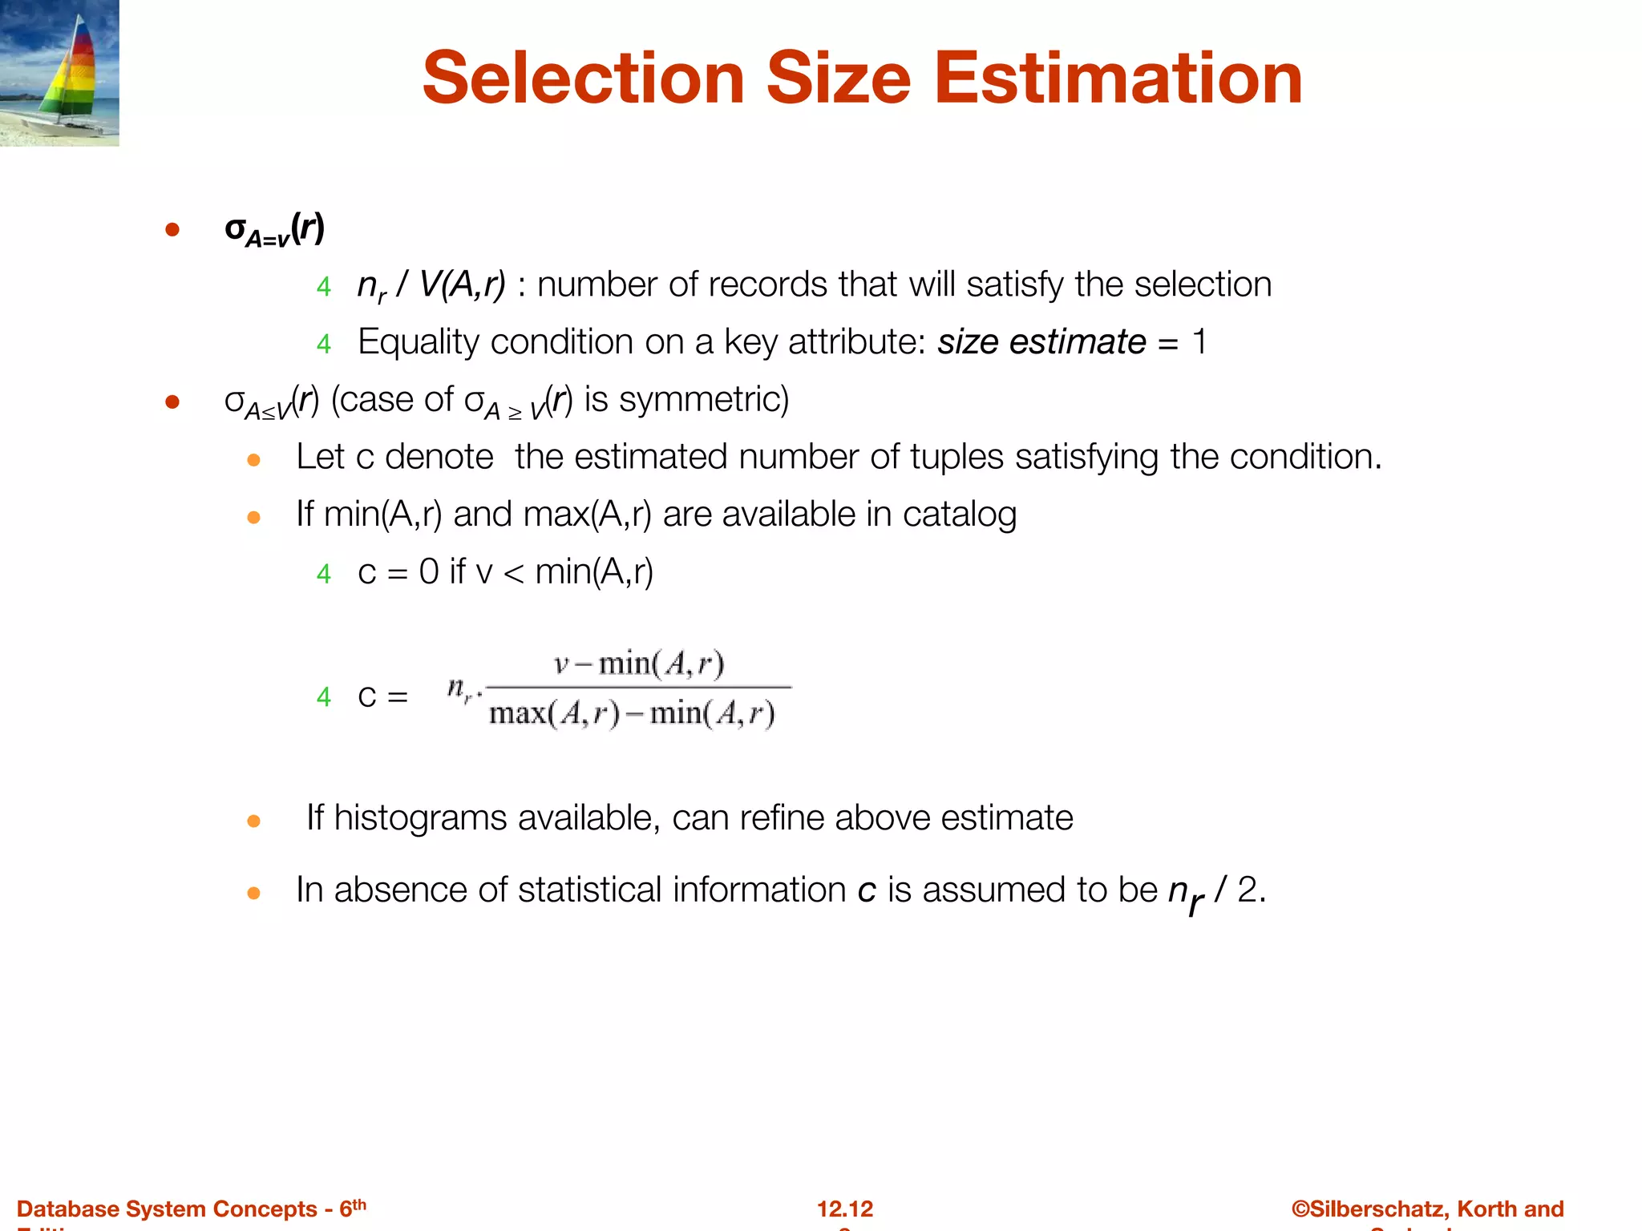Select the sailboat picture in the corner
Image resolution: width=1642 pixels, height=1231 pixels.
click(59, 73)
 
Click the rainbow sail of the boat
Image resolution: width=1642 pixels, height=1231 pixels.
click(77, 72)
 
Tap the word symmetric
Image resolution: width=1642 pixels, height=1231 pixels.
click(704, 399)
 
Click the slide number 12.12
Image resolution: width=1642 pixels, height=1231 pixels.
click(845, 1209)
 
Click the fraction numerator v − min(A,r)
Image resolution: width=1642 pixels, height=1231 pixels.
click(639, 664)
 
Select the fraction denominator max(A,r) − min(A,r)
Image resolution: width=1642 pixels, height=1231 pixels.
click(632, 712)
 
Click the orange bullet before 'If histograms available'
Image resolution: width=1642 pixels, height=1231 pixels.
click(253, 821)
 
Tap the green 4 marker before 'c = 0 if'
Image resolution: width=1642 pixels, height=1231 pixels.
click(323, 574)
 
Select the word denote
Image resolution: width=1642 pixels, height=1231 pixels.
click(439, 457)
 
